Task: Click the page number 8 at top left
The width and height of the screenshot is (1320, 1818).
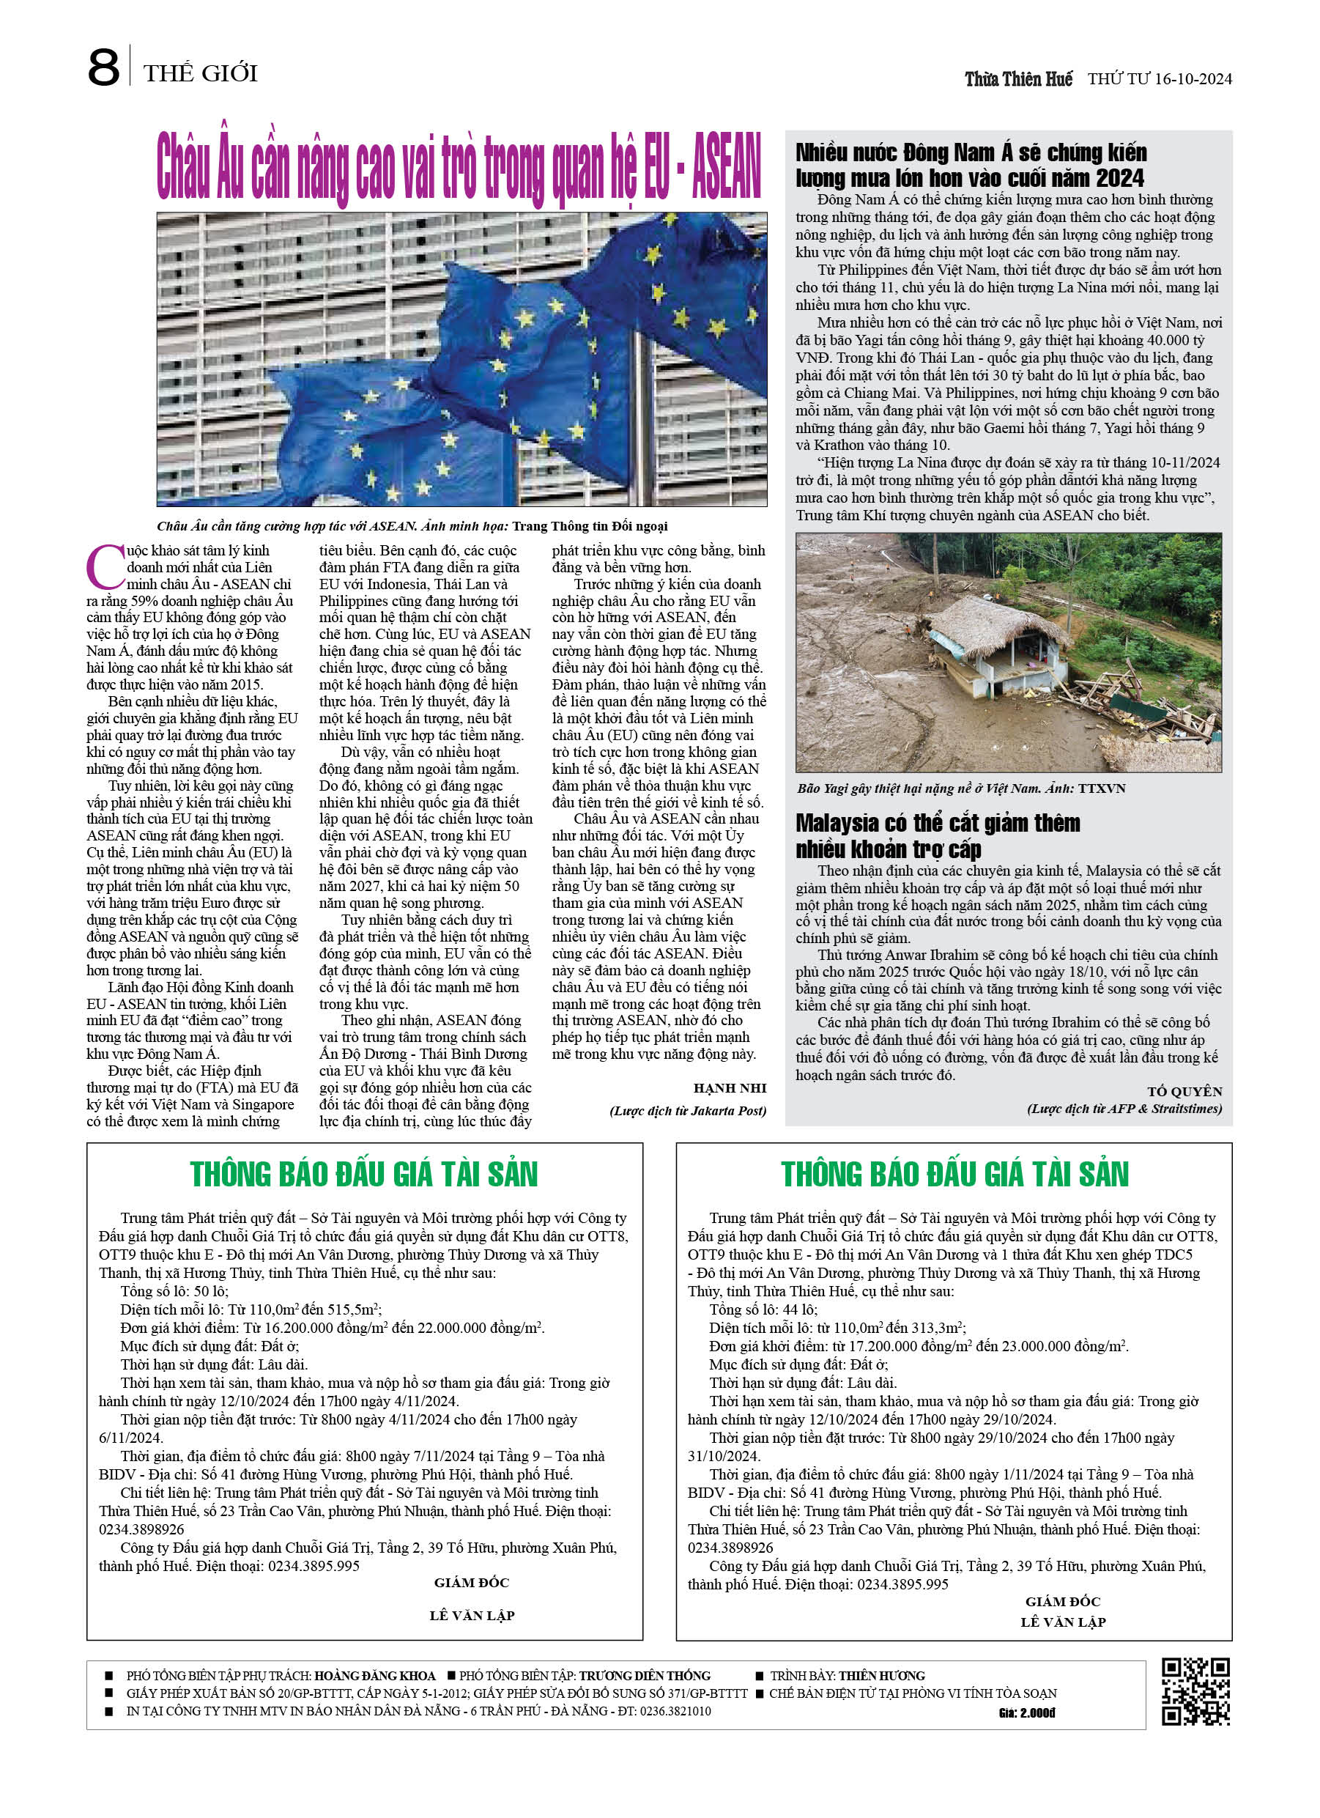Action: click(103, 68)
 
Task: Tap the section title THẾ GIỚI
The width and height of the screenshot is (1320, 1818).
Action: click(201, 74)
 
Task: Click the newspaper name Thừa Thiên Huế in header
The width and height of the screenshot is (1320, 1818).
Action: click(1018, 79)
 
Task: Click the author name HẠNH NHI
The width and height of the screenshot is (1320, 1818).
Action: click(730, 1087)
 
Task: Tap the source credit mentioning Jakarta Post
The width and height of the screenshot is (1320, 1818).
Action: click(688, 1110)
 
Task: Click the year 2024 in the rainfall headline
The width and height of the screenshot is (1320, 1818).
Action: click(1119, 178)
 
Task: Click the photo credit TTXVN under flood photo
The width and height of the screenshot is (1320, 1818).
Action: click(1101, 788)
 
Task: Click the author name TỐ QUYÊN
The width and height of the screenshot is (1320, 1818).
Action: click(1184, 1091)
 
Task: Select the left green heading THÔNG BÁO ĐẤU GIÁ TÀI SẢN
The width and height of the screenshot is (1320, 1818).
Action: click(364, 1175)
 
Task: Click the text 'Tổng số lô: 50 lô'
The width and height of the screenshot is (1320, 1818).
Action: click(175, 1290)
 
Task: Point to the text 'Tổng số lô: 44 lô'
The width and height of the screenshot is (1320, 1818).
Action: click(763, 1309)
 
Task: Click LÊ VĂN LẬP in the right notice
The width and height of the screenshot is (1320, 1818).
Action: click(1063, 1622)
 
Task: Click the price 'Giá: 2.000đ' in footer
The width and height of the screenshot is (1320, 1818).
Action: click(1027, 1713)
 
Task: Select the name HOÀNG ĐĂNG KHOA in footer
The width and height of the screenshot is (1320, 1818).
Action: click(374, 1675)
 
